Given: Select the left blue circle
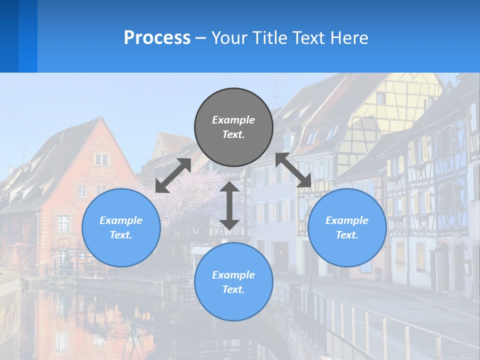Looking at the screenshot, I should tap(121, 227).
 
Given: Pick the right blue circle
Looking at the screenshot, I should tap(347, 227).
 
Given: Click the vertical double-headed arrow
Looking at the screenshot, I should tap(229, 205).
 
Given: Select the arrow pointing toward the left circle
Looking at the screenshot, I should tap(173, 175).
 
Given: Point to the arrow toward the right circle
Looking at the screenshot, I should tap(293, 170).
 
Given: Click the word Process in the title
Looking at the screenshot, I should tap(157, 37).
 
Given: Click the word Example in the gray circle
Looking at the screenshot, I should tap(233, 120).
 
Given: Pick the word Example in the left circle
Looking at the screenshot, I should tap(121, 220).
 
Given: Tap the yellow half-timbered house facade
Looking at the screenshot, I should tap(390, 110).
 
